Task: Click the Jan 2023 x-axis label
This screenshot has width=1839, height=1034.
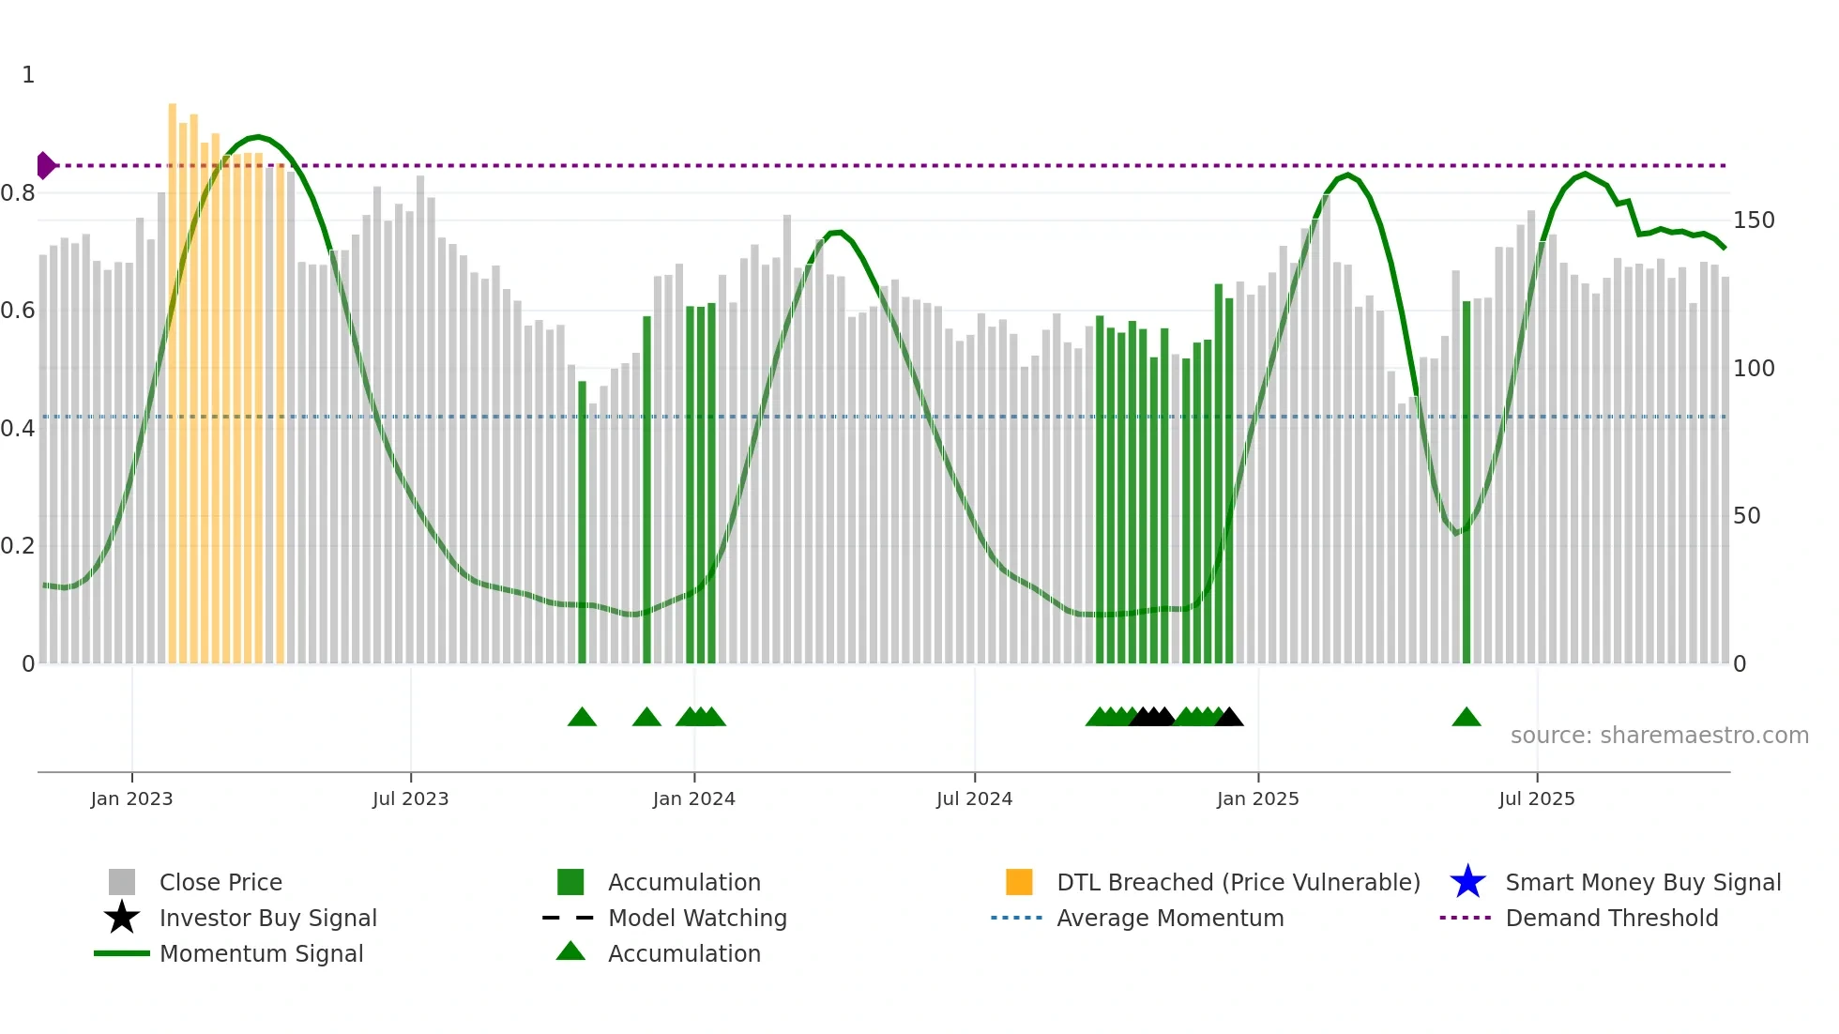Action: (x=131, y=798)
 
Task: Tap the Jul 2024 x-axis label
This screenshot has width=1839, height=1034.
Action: (x=974, y=798)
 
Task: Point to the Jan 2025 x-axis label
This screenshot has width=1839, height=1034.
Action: (x=1257, y=798)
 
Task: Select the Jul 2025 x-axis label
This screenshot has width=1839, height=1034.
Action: (x=1536, y=798)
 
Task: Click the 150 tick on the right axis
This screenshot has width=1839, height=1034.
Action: (x=1754, y=220)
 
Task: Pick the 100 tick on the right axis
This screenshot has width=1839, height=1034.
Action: (x=1754, y=369)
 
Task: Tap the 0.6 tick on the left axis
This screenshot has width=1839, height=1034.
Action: (x=18, y=311)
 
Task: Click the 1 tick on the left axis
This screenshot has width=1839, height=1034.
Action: (x=28, y=75)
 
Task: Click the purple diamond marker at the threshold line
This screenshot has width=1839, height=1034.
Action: (x=45, y=165)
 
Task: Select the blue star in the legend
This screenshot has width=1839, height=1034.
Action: (x=1467, y=882)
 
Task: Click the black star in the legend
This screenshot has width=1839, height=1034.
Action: (x=122, y=918)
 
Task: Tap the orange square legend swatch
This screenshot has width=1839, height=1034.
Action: (x=1019, y=882)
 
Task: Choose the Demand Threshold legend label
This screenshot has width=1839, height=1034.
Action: (x=1611, y=918)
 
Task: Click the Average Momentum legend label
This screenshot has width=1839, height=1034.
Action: (x=1170, y=918)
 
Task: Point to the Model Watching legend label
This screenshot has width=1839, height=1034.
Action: (x=697, y=918)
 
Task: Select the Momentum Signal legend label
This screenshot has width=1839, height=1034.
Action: (x=261, y=953)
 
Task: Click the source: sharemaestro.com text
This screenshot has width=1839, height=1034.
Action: (x=1659, y=736)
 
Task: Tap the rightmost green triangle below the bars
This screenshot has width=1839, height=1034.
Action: (x=1466, y=718)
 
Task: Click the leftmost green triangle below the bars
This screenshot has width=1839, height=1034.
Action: (x=582, y=718)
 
